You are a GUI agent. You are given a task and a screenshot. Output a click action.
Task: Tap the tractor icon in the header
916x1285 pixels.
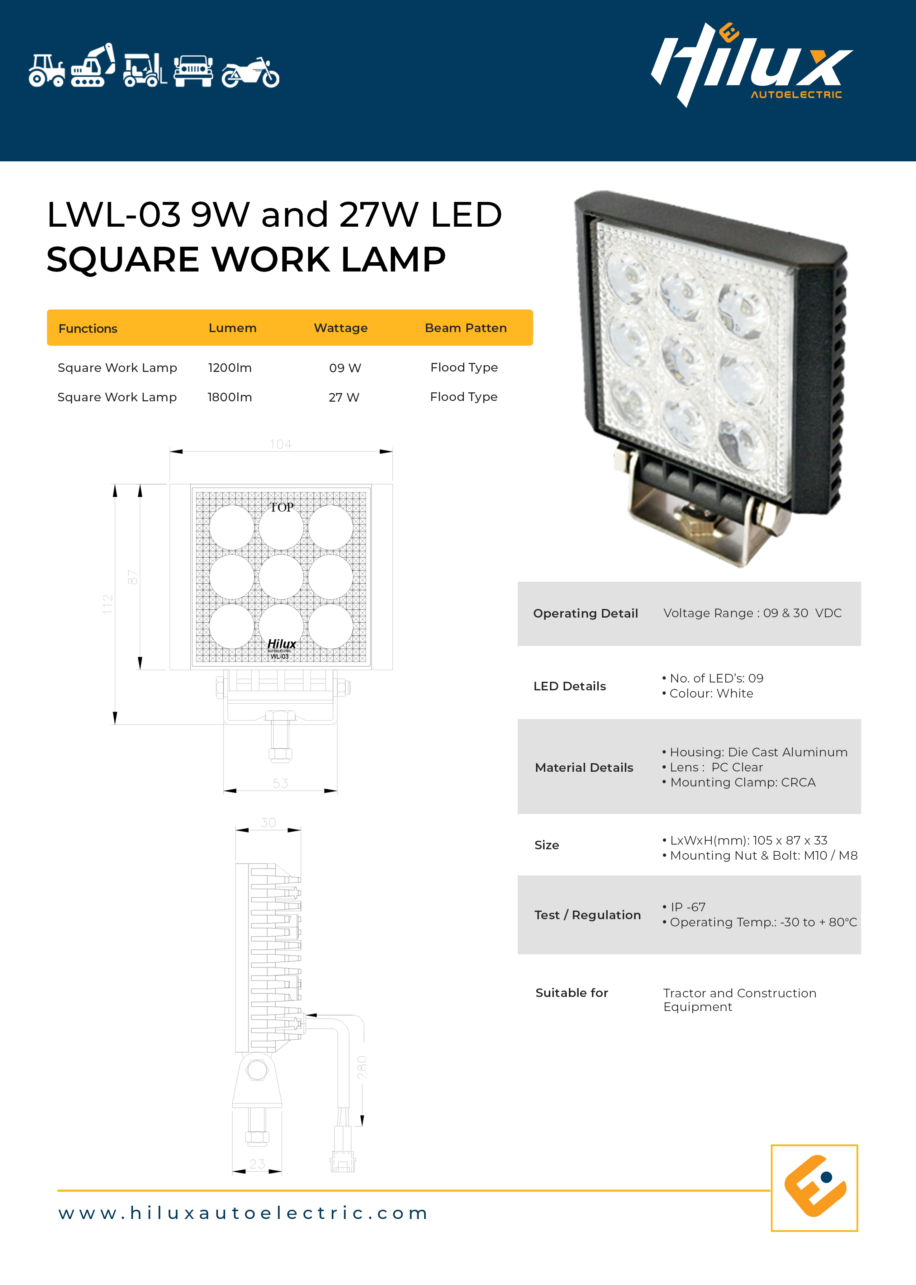tap(47, 71)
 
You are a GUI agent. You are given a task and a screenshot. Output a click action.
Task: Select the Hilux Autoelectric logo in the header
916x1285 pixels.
tap(752, 64)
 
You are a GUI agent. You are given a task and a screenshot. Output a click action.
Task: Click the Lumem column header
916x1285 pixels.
tap(232, 328)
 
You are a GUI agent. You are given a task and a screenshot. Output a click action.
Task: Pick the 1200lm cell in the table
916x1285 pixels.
tap(229, 368)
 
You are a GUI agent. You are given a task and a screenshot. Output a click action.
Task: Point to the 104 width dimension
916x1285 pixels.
tap(281, 444)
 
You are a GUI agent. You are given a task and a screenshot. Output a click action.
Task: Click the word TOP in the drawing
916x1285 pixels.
tap(281, 507)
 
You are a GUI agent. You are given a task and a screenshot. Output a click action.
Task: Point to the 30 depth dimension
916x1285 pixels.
tap(269, 822)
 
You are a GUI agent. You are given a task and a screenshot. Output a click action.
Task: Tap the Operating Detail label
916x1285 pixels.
tap(585, 613)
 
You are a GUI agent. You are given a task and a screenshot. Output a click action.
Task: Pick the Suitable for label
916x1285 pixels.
tap(572, 993)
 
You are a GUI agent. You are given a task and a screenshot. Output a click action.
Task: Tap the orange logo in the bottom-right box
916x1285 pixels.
tap(815, 1186)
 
